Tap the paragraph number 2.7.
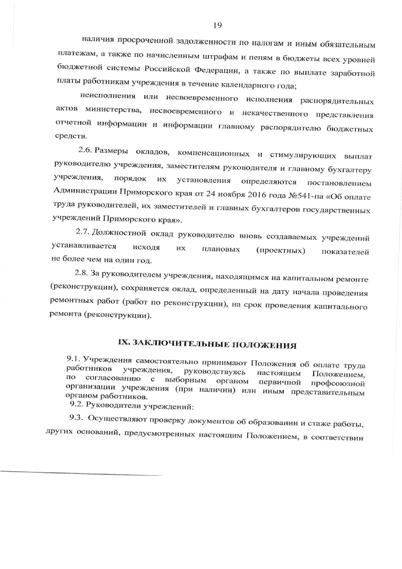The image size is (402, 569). [83, 232]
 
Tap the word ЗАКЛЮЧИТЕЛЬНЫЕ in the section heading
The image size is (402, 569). [178, 343]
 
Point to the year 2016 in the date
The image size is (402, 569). [255, 195]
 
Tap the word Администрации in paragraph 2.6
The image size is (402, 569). [85, 192]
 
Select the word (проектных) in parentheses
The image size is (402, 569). [280, 251]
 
